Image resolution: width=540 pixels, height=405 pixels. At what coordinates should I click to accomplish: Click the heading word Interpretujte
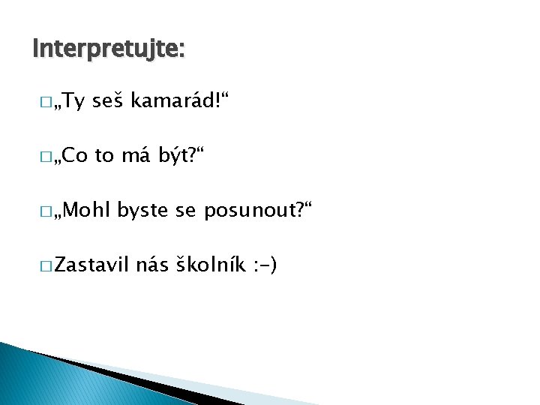pyautogui.click(x=108, y=49)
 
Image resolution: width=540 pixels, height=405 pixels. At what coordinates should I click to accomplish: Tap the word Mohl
pyautogui.click(x=87, y=210)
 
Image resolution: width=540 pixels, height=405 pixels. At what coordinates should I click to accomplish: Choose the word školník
pyautogui.click(x=210, y=265)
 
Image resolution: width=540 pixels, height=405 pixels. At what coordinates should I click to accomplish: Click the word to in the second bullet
pyautogui.click(x=104, y=157)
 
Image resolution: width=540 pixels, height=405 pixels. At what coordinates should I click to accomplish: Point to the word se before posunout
pyautogui.click(x=185, y=211)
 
